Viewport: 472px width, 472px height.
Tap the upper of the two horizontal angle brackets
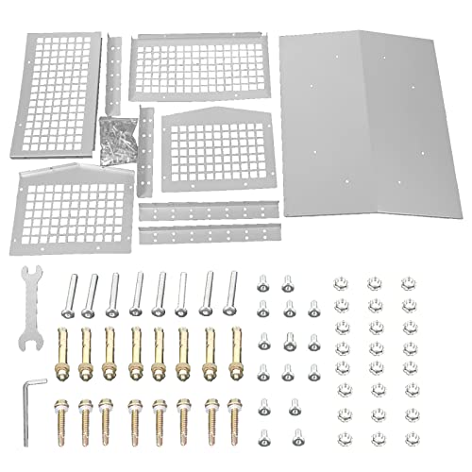[x=210, y=208]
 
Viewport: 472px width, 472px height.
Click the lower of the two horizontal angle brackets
[x=210, y=229]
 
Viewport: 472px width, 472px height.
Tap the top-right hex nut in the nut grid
[x=408, y=283]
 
